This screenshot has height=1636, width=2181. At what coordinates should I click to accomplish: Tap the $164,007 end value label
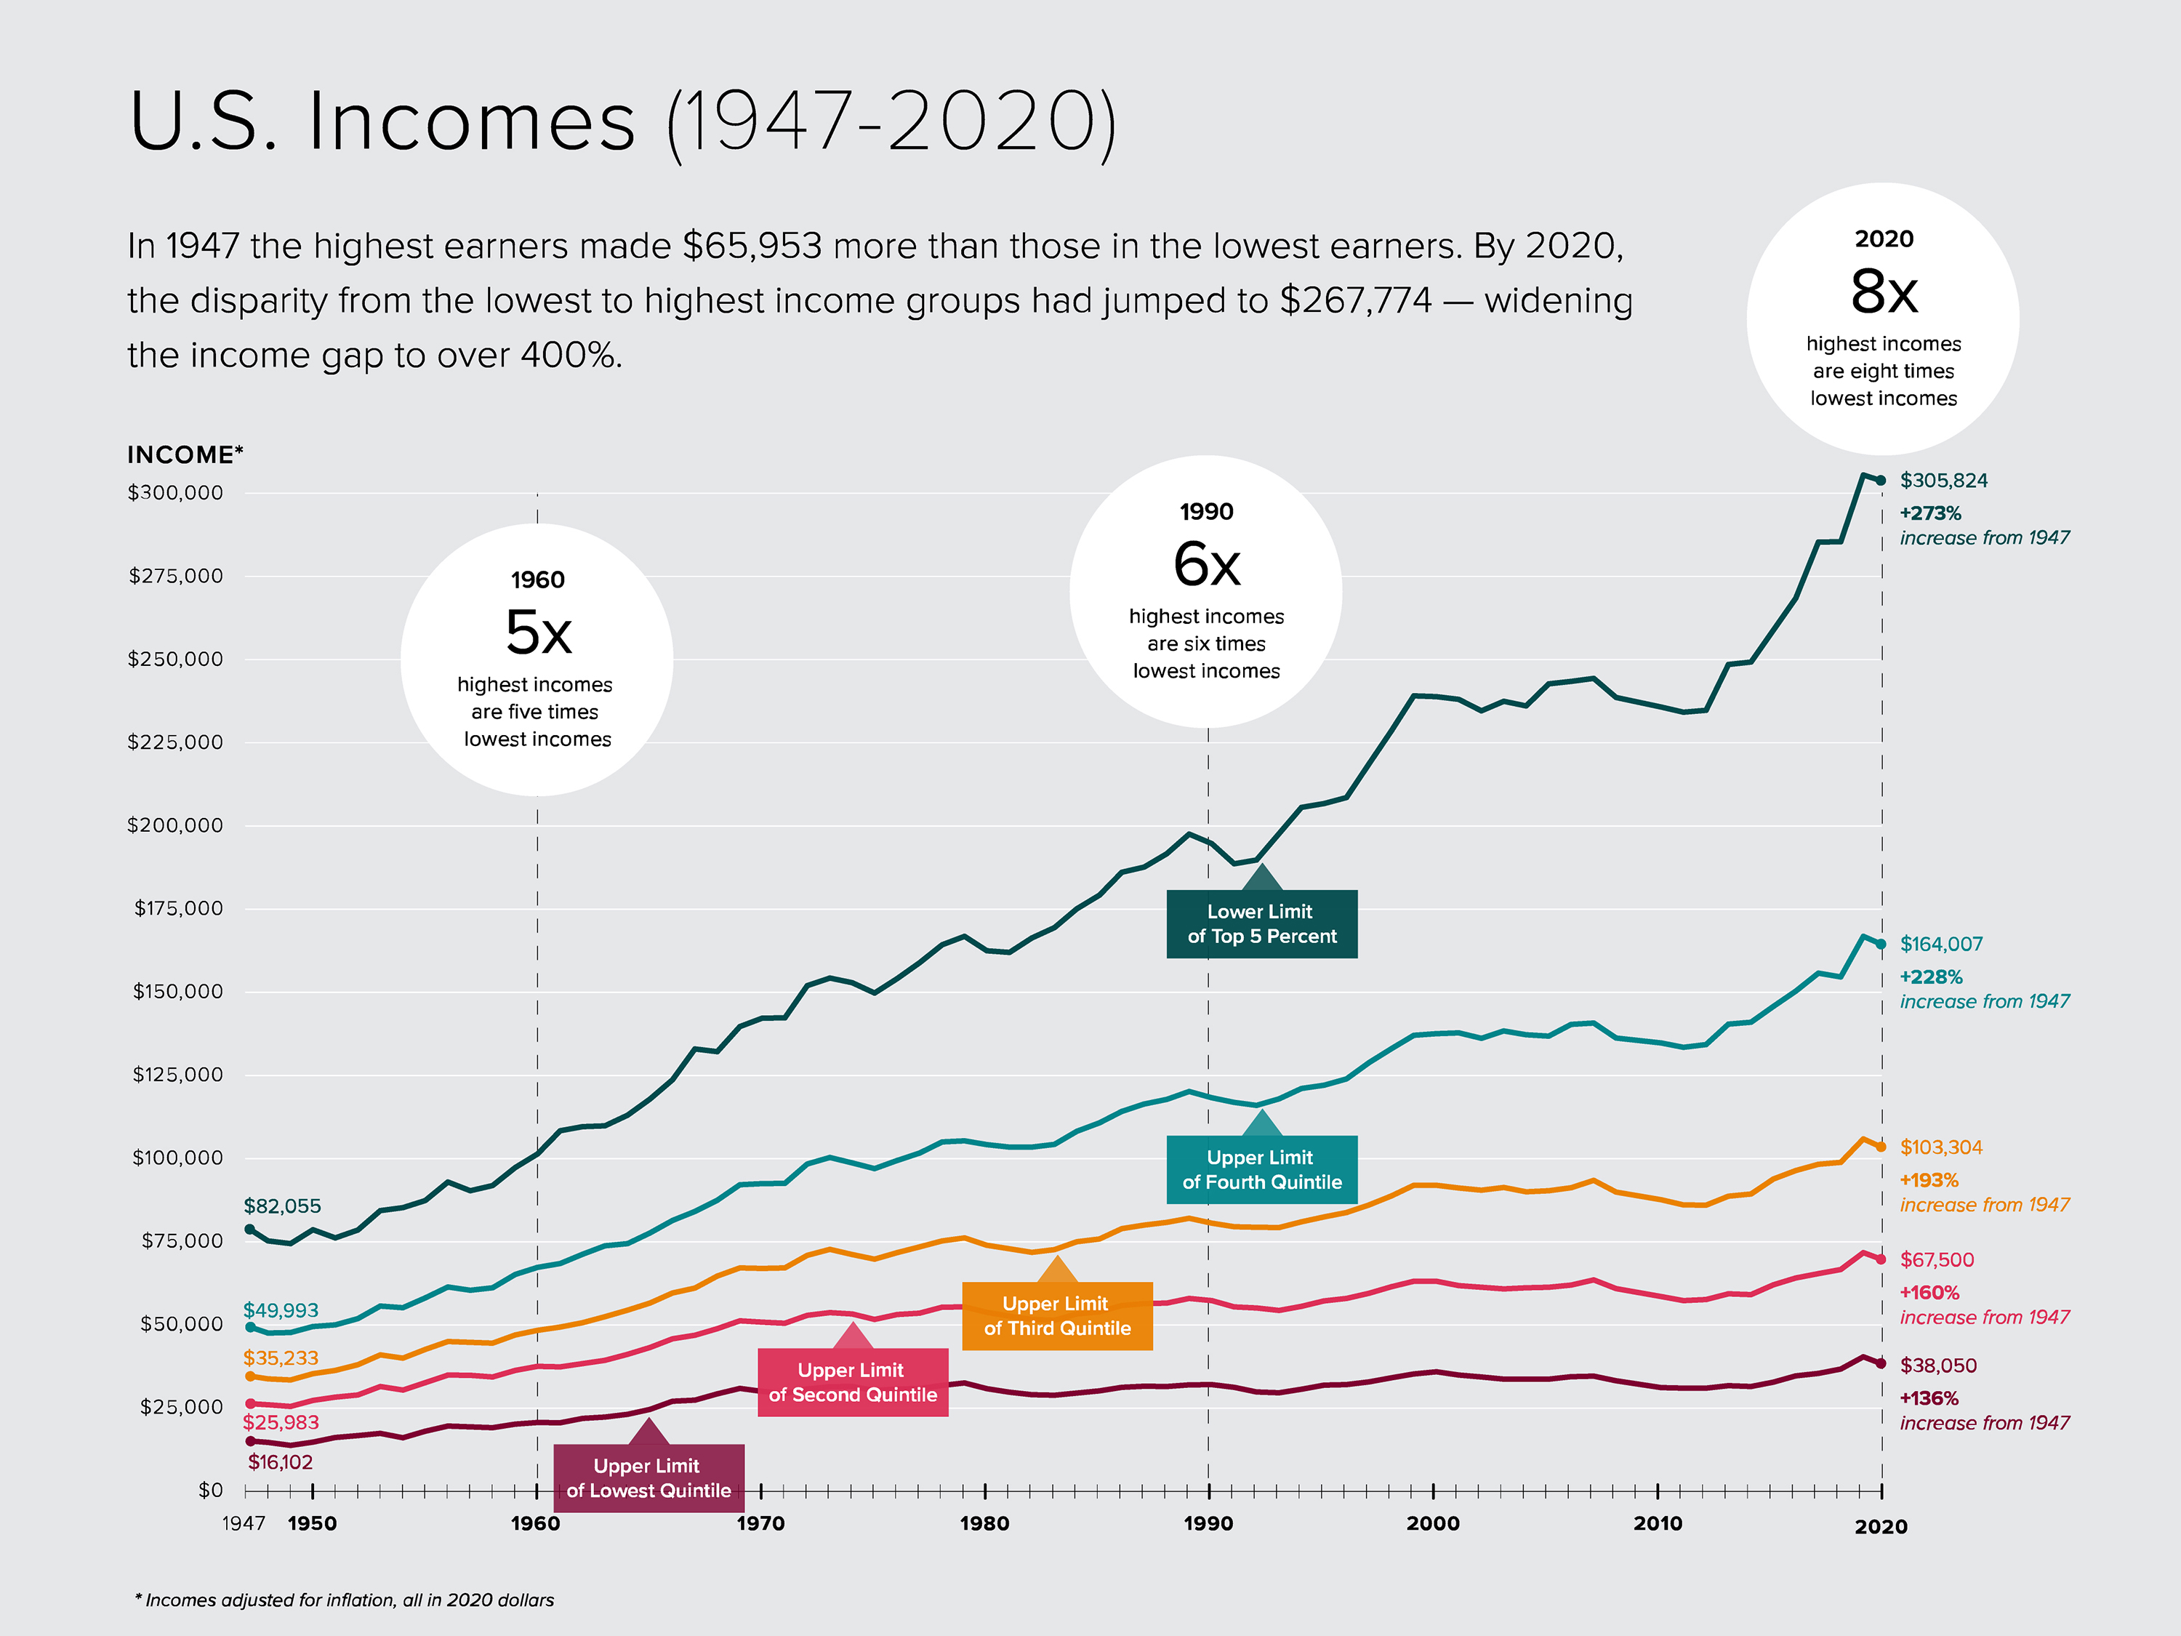click(1940, 944)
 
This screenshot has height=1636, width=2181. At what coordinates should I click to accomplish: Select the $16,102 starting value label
click(280, 1461)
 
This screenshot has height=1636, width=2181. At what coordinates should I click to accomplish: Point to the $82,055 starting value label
click(282, 1206)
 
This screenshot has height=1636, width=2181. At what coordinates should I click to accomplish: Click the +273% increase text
click(1929, 513)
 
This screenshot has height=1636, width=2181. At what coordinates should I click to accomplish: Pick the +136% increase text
click(1929, 1398)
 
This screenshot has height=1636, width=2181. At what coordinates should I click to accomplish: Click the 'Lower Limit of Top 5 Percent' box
click(1261, 924)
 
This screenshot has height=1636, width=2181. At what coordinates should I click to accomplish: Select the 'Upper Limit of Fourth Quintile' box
click(1261, 1169)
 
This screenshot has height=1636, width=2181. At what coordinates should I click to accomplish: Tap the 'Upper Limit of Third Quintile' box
click(1056, 1315)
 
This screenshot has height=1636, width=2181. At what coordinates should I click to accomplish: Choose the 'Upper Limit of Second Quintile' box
click(852, 1382)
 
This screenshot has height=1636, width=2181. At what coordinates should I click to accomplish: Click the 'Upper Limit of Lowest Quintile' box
click(648, 1477)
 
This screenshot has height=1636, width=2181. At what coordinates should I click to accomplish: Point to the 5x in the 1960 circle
click(537, 631)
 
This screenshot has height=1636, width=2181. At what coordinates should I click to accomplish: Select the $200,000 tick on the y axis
click(174, 825)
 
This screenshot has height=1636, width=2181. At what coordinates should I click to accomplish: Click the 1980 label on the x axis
click(984, 1523)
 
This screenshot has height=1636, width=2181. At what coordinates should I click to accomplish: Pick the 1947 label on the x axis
click(244, 1523)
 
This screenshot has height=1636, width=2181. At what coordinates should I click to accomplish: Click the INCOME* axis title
click(185, 454)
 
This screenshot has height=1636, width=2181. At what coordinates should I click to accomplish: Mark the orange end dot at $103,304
click(1880, 1147)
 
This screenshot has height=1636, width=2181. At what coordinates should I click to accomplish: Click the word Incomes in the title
click(471, 121)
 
